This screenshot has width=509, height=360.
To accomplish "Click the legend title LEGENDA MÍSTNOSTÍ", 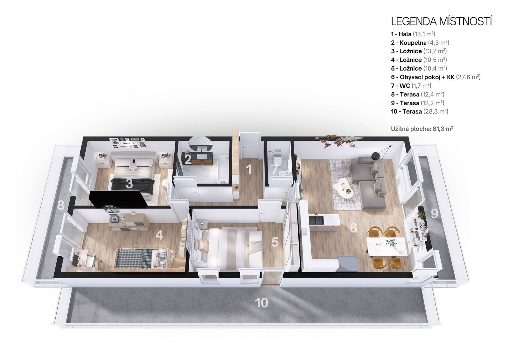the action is [x=442, y=21].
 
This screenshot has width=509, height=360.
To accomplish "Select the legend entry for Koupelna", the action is [x=420, y=43].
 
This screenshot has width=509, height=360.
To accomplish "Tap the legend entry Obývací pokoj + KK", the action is [x=436, y=77].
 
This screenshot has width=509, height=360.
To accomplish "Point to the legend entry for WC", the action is [x=411, y=86].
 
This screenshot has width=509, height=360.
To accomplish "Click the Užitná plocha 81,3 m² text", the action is [x=422, y=129].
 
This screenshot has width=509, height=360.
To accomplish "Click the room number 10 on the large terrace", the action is [x=261, y=303].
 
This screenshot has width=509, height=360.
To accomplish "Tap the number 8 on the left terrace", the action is [x=60, y=206].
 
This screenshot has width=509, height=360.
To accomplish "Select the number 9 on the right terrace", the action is [x=434, y=214].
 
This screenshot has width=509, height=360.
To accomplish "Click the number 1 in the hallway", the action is [x=249, y=169].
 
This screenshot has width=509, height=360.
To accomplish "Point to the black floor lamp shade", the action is [x=375, y=156].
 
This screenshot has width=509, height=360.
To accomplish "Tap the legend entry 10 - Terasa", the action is [x=420, y=112].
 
